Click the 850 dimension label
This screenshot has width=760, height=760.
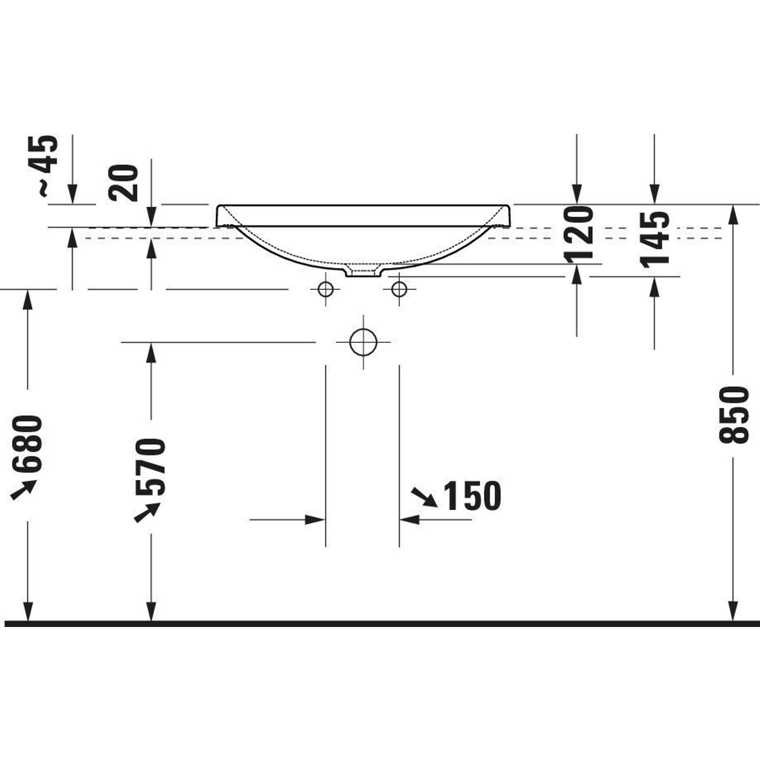(732, 415)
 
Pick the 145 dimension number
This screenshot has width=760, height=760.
(656, 239)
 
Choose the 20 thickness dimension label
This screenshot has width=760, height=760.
(124, 183)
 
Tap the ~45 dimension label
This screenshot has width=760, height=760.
(44, 165)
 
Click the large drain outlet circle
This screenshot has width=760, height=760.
(363, 342)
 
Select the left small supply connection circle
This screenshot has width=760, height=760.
(326, 290)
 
